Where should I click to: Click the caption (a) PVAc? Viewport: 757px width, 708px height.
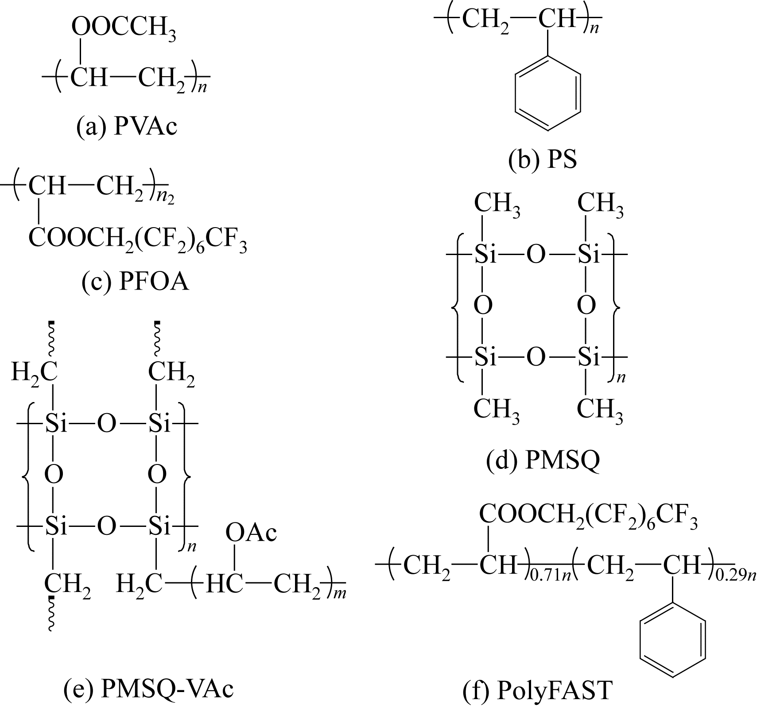tap(126, 127)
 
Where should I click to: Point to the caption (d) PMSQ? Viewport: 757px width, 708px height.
tap(543, 460)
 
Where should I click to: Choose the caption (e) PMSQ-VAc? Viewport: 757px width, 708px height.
tap(148, 688)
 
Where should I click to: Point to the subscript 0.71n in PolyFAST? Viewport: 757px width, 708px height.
tap(549, 576)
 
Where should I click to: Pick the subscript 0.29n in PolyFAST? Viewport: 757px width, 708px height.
tap(735, 576)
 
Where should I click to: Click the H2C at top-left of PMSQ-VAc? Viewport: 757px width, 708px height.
tap(35, 371)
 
